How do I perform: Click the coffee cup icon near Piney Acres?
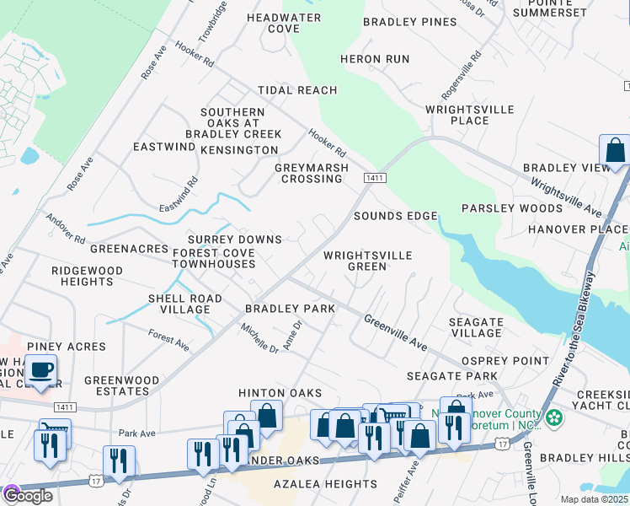tap(40, 369)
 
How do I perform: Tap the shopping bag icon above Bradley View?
tap(615, 150)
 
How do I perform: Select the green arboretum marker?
tap(553, 417)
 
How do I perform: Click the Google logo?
tap(27, 496)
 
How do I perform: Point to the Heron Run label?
tap(374, 59)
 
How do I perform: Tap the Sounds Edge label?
tap(395, 216)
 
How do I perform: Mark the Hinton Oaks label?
tap(280, 393)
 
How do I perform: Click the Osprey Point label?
tap(505, 360)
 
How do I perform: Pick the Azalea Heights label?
tap(325, 484)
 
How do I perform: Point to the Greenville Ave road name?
tap(396, 332)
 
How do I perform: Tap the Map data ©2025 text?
tap(595, 499)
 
